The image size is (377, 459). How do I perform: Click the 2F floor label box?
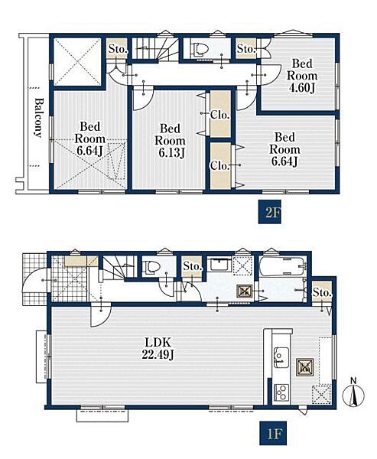pos(270,212)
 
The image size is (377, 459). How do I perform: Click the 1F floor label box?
pos(273,433)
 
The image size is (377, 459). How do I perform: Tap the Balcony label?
pos(38,118)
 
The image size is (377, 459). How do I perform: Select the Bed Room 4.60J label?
pos(302,76)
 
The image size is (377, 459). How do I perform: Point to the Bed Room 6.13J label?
pos(170,141)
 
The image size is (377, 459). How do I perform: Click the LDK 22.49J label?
pos(158,348)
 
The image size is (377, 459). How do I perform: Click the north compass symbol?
pos(353,393)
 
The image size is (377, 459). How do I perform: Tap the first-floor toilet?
pos(151,267)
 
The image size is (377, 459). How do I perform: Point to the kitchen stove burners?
pos(281,392)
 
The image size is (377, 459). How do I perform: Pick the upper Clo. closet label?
pos(219,115)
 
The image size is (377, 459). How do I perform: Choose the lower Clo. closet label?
pos(219,166)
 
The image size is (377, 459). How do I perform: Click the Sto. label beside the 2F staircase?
pos(118,49)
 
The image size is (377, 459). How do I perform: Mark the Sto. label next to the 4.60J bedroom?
pos(246,49)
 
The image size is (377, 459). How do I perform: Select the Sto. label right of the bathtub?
pos(322,292)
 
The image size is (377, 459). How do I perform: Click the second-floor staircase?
pos(155,48)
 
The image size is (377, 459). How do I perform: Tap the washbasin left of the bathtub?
pos(219,265)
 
